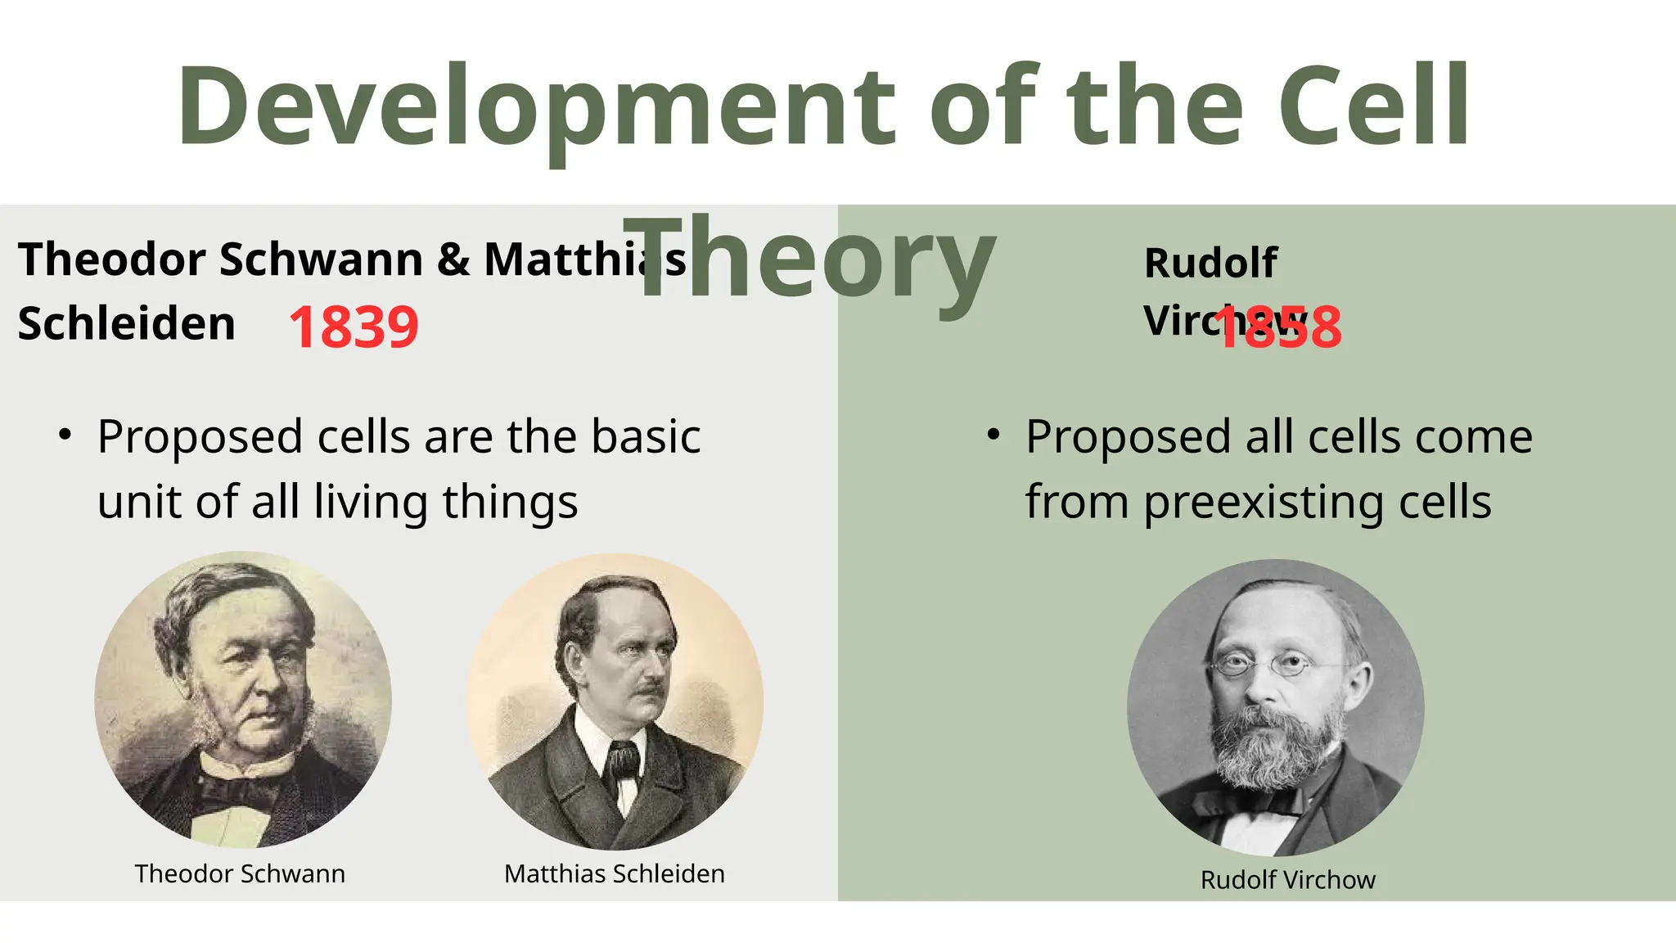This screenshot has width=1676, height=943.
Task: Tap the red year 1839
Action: click(x=354, y=327)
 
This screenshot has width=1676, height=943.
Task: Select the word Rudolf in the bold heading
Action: click(x=1210, y=264)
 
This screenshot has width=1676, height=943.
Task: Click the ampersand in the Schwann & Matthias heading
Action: click(x=453, y=259)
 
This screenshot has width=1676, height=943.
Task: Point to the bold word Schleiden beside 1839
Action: click(x=126, y=323)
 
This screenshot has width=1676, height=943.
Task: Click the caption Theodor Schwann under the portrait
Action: click(x=240, y=873)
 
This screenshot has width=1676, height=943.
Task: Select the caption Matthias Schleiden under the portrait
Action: click(x=614, y=873)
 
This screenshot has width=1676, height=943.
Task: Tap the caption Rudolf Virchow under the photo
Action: click(x=1287, y=880)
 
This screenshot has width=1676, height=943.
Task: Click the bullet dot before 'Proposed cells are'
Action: click(x=65, y=435)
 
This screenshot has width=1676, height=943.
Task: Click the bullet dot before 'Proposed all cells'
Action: click(x=993, y=435)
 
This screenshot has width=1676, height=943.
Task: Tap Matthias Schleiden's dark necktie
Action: click(x=622, y=761)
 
